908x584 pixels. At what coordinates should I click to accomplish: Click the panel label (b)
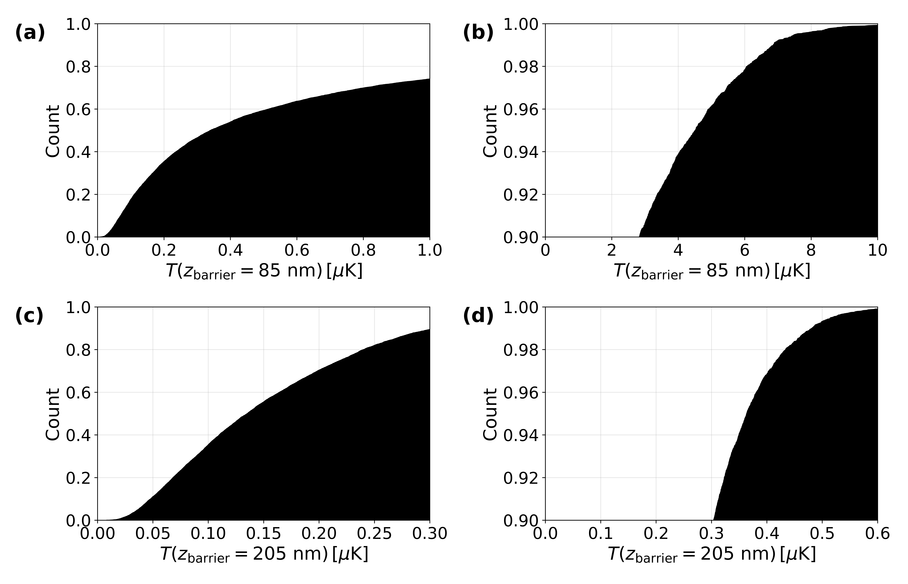point(478,33)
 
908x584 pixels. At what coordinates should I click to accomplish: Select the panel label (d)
point(478,316)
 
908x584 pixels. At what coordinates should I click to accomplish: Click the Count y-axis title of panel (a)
point(53,131)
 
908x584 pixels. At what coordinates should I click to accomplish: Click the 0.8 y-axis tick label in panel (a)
point(79,67)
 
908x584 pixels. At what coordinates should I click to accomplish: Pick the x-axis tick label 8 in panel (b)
point(811,250)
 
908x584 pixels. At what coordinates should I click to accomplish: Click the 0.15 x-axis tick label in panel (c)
point(264,534)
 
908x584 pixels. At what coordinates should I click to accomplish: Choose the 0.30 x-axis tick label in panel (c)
point(430,534)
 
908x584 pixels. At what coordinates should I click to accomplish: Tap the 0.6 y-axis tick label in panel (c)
point(79,392)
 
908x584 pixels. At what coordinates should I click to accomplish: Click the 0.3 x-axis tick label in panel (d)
point(711,534)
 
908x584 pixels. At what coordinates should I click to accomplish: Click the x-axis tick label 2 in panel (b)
point(612,250)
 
